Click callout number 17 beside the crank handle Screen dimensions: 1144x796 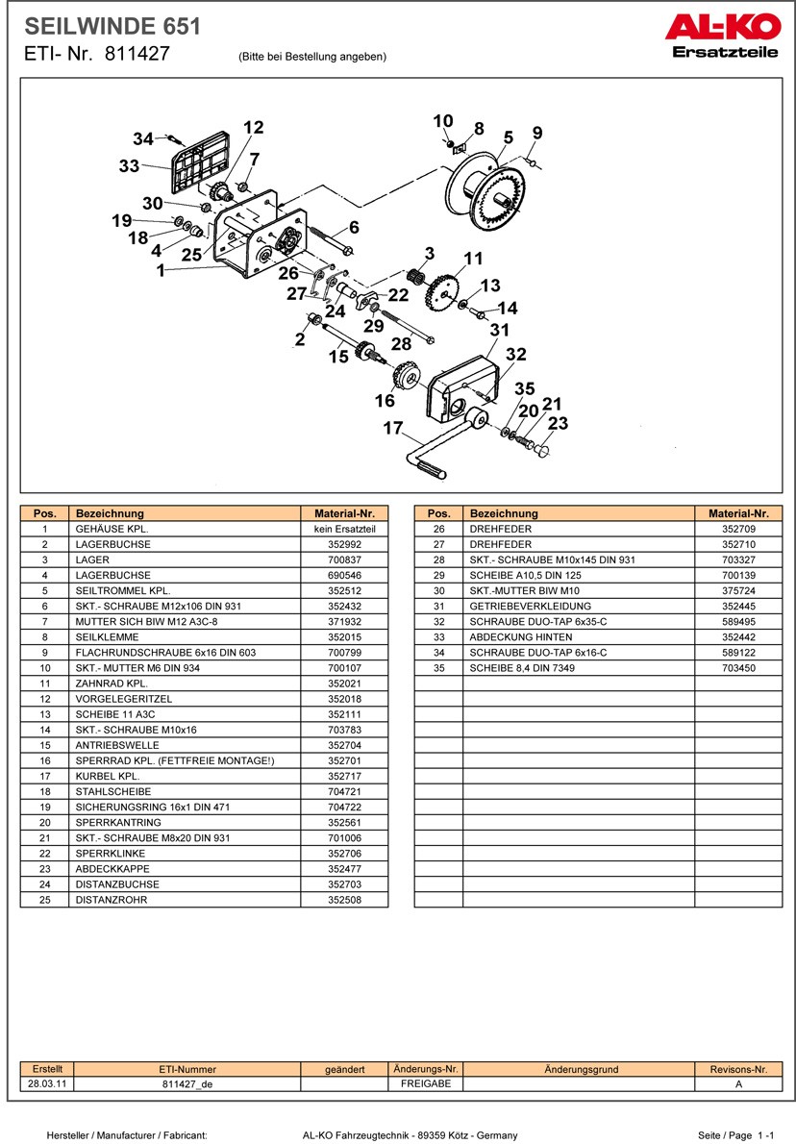392,429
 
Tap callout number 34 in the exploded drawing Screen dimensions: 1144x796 143,139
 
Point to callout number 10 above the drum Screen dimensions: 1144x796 442,121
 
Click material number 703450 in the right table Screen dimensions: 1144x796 738,667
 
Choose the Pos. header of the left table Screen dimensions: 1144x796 45,513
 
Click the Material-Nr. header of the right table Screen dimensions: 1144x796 738,513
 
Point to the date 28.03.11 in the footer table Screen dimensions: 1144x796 47,1083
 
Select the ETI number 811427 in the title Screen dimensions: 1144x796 137,54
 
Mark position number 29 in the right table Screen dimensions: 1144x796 438,575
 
